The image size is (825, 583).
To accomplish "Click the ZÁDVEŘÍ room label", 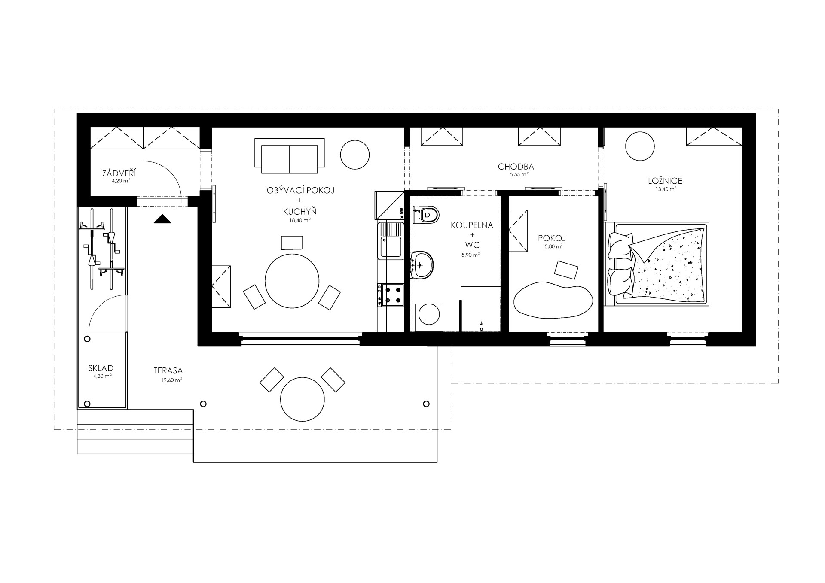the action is click(x=119, y=173).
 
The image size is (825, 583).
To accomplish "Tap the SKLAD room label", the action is click(x=101, y=368).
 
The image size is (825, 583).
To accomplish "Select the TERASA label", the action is click(x=168, y=370).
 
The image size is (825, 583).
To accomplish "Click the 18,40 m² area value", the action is click(x=300, y=220).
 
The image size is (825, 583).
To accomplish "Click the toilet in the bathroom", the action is click(x=425, y=214).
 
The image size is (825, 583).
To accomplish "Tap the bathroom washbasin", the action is click(x=422, y=265).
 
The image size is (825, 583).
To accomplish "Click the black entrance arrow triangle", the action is click(x=162, y=219).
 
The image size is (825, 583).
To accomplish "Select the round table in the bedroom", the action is click(x=640, y=146).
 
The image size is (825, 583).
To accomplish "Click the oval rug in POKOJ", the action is click(x=554, y=299).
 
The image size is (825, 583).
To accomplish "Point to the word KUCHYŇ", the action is click(x=300, y=211).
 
